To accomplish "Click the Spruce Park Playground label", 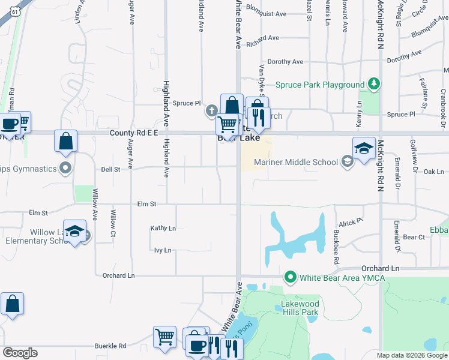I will click(x=320, y=85).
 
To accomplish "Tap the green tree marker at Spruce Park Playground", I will click(x=374, y=83).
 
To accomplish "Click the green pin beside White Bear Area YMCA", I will click(x=291, y=277).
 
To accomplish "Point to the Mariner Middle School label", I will click(x=296, y=162).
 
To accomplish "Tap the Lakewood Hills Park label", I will click(x=300, y=308).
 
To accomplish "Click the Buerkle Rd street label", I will click(x=110, y=346).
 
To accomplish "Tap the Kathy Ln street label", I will click(x=163, y=229).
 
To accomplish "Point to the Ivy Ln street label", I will click(x=163, y=250).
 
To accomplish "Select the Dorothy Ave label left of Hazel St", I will click(x=285, y=62).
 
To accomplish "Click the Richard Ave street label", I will click(x=262, y=38).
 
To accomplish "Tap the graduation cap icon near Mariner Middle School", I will click(x=364, y=148).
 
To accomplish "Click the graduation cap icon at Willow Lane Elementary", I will click(x=74, y=231).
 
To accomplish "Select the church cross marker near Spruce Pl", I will click(x=211, y=110).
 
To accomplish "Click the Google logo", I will click(x=20, y=353).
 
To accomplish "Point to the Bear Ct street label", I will click(x=414, y=238).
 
